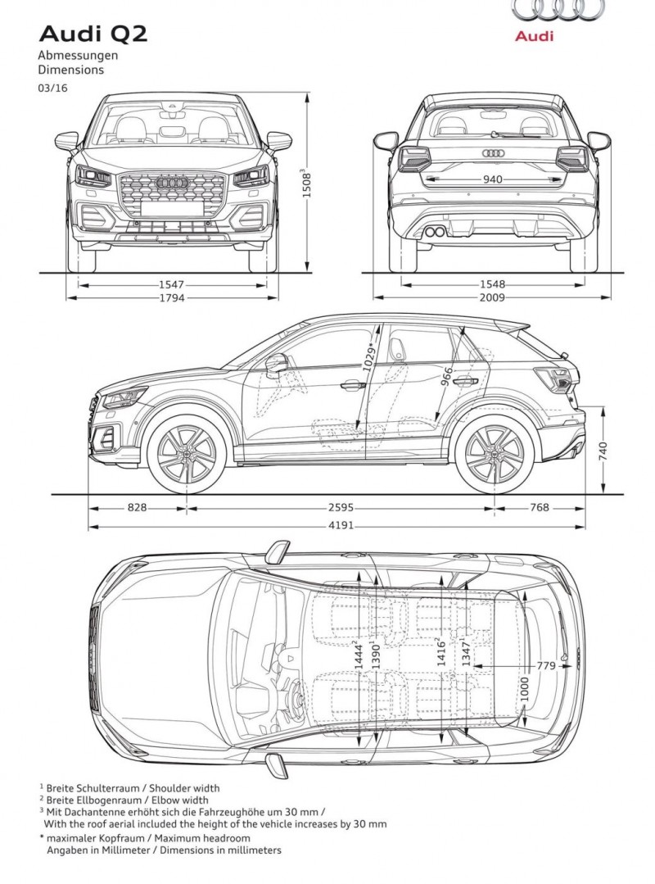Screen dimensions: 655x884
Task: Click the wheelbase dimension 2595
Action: (x=341, y=508)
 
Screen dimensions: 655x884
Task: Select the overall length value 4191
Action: (x=341, y=525)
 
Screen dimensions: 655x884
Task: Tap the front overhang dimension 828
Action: (x=137, y=507)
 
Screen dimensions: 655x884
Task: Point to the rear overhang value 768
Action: (x=539, y=507)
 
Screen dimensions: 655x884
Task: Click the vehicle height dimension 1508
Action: (x=307, y=183)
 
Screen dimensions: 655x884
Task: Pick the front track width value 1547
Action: (x=171, y=285)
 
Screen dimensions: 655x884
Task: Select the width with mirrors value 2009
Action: (x=492, y=297)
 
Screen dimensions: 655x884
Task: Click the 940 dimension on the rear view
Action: (x=492, y=179)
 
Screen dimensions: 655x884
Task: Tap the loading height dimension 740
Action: (x=603, y=451)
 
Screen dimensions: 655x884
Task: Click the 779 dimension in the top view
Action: (x=546, y=666)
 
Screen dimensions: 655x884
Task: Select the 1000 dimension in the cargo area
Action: (x=524, y=690)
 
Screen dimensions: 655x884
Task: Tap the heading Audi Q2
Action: (x=93, y=34)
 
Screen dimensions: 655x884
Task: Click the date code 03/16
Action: (x=53, y=88)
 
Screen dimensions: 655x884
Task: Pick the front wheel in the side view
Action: (x=187, y=454)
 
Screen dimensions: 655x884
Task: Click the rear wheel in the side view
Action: (x=494, y=454)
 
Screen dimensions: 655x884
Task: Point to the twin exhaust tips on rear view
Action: (x=434, y=231)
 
